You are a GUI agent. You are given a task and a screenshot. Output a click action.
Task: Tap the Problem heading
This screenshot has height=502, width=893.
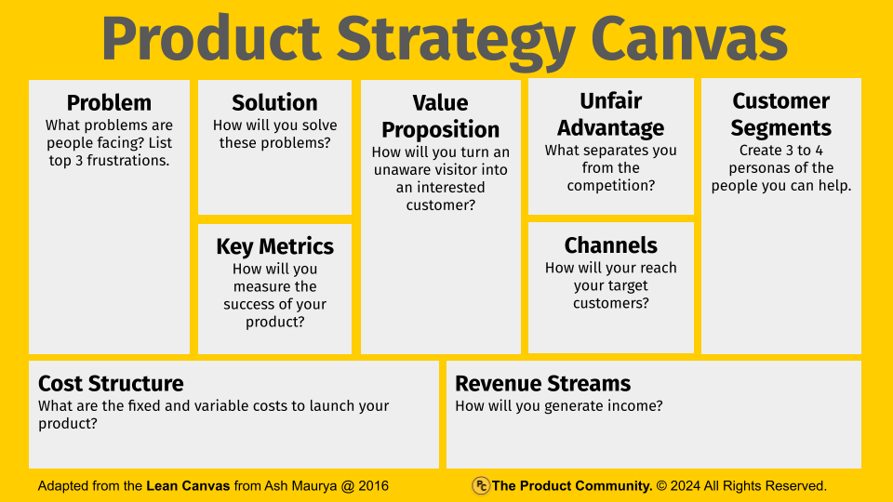tap(109, 103)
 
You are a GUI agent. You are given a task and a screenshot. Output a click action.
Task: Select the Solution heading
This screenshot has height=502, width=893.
tap(274, 103)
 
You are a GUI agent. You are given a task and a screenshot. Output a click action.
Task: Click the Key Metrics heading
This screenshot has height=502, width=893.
tap(274, 247)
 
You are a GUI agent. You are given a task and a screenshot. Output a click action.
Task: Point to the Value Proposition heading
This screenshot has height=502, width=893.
tap(440, 116)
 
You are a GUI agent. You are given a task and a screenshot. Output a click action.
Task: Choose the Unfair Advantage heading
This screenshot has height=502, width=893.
tap(610, 114)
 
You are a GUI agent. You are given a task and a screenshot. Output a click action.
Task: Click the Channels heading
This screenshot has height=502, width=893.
tap(610, 245)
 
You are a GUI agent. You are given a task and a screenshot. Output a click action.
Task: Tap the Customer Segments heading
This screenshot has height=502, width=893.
tap(780, 114)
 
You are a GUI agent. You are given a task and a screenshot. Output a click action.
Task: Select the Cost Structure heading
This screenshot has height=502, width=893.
tap(111, 384)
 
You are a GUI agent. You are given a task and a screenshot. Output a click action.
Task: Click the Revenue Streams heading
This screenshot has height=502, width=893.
tap(542, 384)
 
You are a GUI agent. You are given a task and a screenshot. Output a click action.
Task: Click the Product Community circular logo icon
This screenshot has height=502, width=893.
tap(481, 485)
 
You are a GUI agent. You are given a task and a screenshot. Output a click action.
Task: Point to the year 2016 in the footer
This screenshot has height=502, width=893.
tap(373, 486)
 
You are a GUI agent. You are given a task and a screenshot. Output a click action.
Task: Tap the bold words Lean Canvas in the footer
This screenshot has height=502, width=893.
tap(188, 486)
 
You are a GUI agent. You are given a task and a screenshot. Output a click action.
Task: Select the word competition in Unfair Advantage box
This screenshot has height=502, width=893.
tap(610, 186)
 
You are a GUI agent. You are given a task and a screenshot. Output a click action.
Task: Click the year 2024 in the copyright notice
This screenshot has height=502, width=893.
tap(686, 486)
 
